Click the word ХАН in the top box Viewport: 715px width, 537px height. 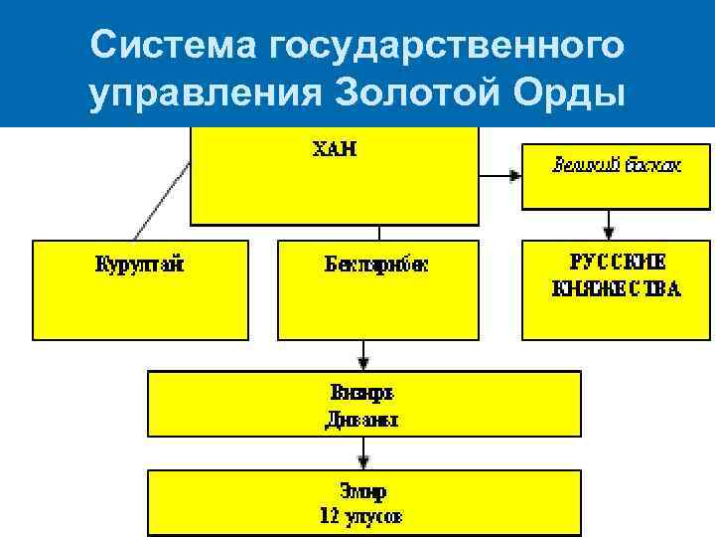click(x=335, y=151)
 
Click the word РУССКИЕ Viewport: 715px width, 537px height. click(x=617, y=263)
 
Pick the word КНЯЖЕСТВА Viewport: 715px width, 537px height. click(x=617, y=289)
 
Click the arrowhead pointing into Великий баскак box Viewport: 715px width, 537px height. click(x=514, y=176)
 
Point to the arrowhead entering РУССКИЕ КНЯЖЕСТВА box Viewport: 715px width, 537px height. click(x=616, y=234)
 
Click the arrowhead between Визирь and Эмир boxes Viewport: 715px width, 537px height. click(x=364, y=461)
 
